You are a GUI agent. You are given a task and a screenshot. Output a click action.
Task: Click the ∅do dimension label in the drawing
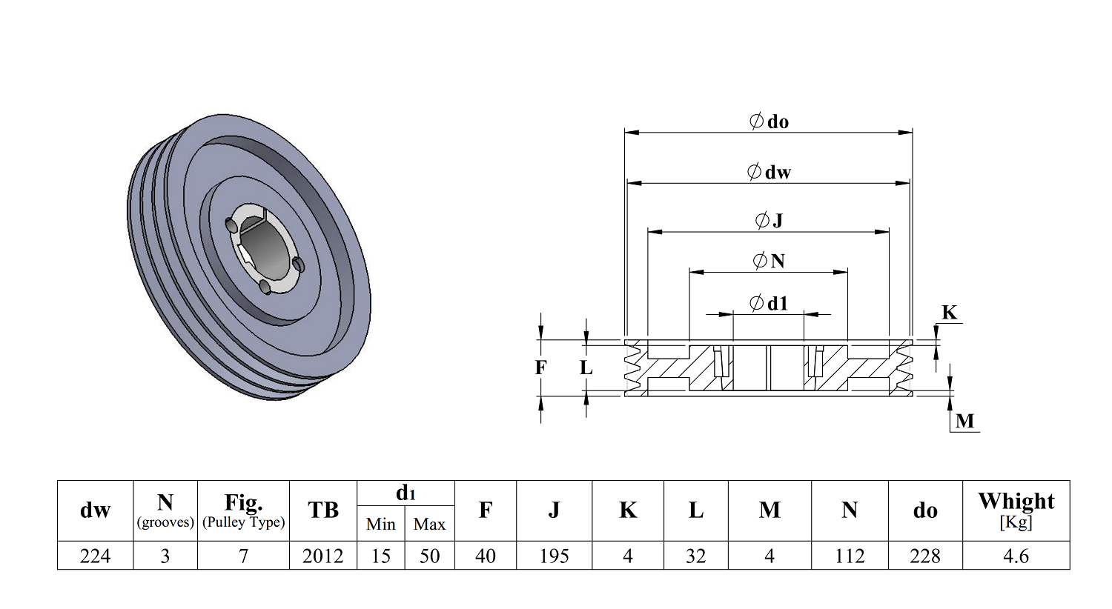[x=769, y=122]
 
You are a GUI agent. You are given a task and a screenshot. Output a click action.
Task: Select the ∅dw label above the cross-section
[x=769, y=172]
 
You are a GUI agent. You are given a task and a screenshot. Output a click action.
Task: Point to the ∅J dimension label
[x=769, y=220]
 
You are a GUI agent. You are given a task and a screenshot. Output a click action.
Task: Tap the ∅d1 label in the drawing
[x=769, y=303]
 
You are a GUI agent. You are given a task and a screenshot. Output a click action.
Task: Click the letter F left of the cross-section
[x=541, y=367]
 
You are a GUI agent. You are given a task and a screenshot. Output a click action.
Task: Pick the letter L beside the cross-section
[x=586, y=367]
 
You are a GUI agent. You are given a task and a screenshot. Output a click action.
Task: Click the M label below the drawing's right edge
[x=964, y=421]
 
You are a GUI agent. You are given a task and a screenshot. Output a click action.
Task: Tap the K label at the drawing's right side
[x=949, y=313]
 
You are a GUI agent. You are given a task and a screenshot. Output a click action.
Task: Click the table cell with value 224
[x=95, y=556]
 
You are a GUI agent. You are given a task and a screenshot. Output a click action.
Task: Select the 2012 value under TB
[x=322, y=556]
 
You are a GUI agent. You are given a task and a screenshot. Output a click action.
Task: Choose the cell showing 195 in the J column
[x=554, y=556]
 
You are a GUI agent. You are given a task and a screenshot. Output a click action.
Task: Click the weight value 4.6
[x=1016, y=556]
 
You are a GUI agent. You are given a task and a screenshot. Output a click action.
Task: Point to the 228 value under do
[x=924, y=556]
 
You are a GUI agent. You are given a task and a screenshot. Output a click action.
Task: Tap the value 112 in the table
[x=850, y=556]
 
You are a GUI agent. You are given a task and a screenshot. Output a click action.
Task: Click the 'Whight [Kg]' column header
[x=1016, y=510]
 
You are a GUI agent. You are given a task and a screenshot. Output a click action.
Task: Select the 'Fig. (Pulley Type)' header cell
[x=243, y=510]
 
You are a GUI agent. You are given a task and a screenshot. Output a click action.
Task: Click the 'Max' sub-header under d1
[x=429, y=524]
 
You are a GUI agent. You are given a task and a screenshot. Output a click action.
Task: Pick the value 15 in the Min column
[x=380, y=556]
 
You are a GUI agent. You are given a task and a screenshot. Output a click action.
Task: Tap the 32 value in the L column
[x=695, y=556]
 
